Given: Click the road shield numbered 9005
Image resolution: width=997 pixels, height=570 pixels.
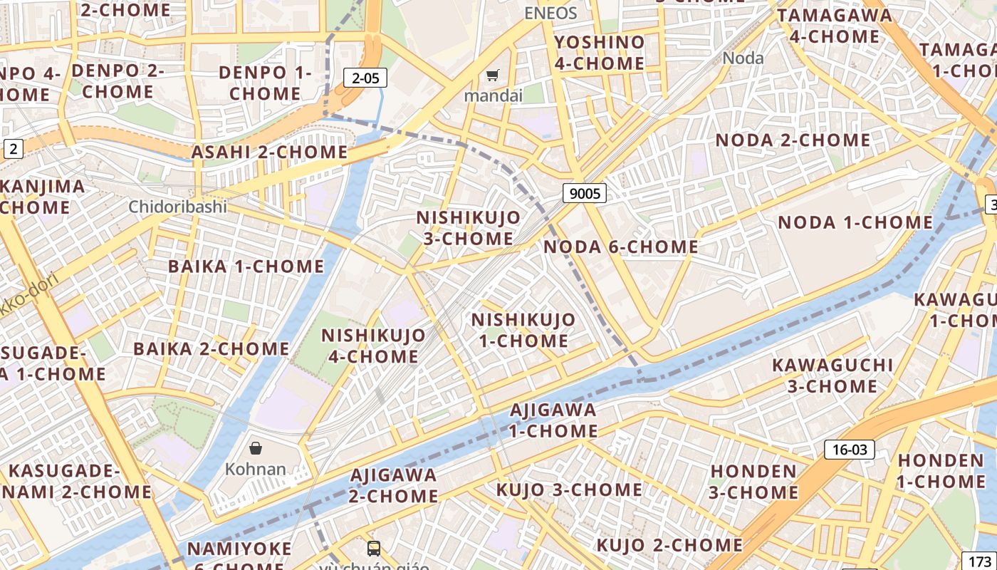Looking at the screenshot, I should pos(584,192).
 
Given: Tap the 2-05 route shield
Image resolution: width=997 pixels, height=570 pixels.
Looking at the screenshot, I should pos(365,78).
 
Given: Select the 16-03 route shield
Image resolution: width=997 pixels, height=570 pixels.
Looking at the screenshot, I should pos(849,450).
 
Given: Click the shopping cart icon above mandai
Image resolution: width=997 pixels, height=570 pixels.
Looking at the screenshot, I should pos(492,76).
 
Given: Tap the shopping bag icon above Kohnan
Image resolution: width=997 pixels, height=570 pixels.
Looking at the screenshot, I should pos(256,448).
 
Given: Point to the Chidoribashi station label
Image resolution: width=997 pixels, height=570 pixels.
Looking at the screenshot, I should pos(177,207).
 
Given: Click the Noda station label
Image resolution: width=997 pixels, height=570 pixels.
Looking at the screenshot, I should pos(743,58).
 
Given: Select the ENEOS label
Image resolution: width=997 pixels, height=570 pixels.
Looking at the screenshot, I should pos(550,12).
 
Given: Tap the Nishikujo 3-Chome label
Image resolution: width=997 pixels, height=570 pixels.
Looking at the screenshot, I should pos(468,227).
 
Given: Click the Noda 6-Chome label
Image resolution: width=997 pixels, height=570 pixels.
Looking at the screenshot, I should pos(620,247).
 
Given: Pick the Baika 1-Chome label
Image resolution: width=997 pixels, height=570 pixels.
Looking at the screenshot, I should pos(246,266).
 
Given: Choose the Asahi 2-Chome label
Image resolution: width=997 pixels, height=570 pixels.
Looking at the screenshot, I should pos(269,152).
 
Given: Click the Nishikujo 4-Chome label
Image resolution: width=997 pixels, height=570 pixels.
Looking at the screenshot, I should pos(373,345).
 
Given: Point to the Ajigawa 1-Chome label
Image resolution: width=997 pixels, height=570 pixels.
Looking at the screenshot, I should pos(553,420).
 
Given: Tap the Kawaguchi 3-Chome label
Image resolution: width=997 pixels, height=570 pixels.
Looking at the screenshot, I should pos(832,375).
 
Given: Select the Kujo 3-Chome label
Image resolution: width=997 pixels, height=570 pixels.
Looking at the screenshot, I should pos(568,489).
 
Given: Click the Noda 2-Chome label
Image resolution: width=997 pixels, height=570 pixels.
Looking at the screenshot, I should pos(793,140).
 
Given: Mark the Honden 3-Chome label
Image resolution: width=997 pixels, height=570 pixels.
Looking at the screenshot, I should pos(753,482).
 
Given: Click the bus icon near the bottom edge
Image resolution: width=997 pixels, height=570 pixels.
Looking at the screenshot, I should pos(374,548).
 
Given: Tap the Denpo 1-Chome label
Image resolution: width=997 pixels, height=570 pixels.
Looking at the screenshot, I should pos(265,83).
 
